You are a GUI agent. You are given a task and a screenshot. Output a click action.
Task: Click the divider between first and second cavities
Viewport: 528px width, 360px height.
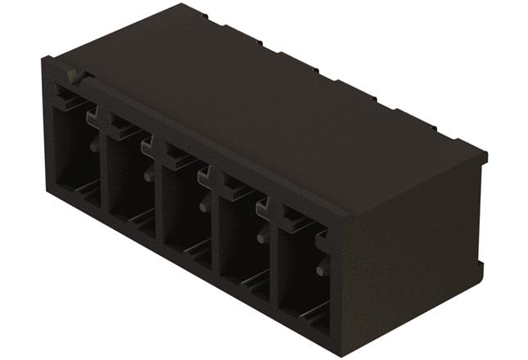[102, 176]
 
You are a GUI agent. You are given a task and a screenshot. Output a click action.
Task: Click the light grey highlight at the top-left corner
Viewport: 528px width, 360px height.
[74, 78]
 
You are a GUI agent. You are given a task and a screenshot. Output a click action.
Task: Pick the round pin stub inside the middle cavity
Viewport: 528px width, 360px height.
[202, 205]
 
